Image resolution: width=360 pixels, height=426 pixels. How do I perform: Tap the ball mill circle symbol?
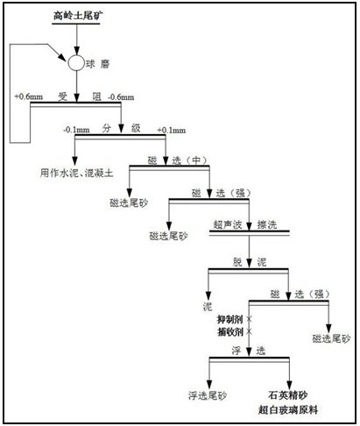coord(76,63)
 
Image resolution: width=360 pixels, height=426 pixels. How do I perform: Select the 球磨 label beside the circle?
coord(97,64)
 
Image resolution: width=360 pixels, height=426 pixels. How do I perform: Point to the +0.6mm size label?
coord(28,96)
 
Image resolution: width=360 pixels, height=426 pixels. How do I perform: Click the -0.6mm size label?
coord(121,97)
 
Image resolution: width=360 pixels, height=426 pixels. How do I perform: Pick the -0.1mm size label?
coord(76,130)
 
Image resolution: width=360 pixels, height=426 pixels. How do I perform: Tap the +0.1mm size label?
coord(172,130)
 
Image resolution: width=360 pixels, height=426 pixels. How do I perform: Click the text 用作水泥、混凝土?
coord(76,173)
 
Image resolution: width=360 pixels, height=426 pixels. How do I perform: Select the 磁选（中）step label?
coord(177,160)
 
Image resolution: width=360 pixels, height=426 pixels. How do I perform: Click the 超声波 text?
coord(228,224)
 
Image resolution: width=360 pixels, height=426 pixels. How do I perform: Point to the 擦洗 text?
coord(267,224)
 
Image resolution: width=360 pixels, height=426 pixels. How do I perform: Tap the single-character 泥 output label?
coord(208,306)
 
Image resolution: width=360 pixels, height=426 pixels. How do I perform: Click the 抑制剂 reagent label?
coord(230,319)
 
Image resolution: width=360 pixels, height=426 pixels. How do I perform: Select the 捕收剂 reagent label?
coord(230,332)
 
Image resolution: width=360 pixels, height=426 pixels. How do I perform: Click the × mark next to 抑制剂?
coord(249,319)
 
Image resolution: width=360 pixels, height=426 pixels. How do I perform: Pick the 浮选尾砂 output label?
coord(208,395)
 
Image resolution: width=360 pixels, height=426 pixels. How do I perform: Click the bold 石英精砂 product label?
coord(288,395)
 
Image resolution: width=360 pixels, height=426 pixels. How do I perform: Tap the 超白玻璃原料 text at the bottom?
coord(288,409)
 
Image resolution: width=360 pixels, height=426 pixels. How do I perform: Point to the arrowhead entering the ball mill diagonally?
coord(62,57)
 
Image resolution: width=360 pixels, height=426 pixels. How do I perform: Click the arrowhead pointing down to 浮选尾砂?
coord(209,385)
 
